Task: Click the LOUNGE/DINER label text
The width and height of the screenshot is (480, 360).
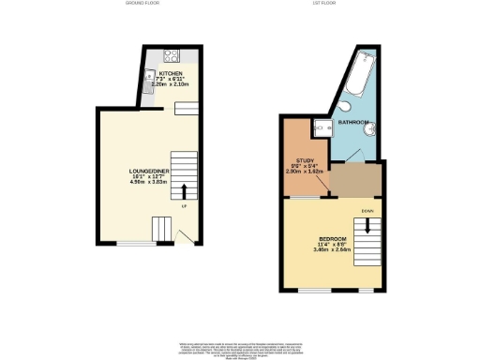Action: (147, 171)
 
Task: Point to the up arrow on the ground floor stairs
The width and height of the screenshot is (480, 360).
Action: (184, 191)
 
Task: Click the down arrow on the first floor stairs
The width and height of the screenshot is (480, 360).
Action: (367, 225)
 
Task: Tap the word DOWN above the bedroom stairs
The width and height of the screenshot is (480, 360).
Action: (367, 211)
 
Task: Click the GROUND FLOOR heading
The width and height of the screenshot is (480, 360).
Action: (143, 4)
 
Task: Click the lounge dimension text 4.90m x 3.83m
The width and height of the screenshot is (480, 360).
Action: (147, 183)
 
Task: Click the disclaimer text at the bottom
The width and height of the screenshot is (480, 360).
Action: (240, 350)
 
